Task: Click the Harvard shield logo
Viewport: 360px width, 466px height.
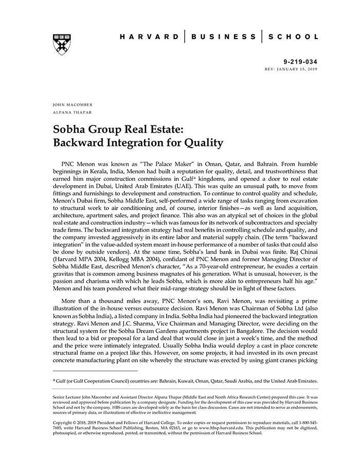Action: tap(61, 45)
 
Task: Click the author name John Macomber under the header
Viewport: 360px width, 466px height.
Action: tap(73, 104)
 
